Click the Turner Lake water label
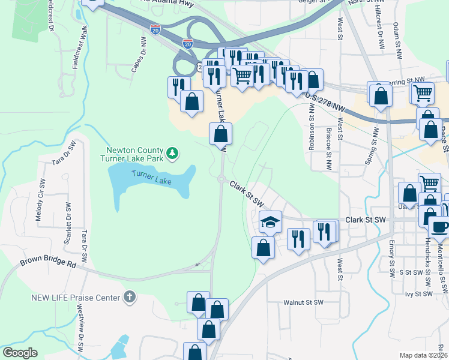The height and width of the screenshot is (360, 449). click(152, 173)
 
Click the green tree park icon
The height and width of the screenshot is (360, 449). click(173, 154)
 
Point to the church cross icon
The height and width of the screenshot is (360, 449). click(129, 297)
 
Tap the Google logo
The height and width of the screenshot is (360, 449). click(19, 353)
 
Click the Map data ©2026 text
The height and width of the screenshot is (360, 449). click(423, 355)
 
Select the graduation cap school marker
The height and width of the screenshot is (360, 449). click(270, 221)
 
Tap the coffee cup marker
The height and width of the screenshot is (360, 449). click(439, 227)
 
